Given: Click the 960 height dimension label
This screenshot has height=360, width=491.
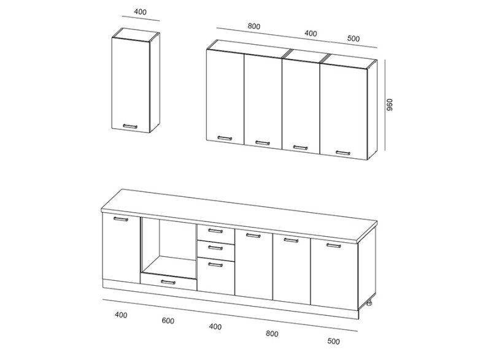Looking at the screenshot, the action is pos(390,105).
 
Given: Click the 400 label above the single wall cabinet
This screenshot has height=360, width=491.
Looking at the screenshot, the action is pos(140,12).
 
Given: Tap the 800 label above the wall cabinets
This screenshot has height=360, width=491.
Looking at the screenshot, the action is pos(254,26).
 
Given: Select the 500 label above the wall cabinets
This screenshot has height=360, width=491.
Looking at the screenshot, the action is pos(354,39).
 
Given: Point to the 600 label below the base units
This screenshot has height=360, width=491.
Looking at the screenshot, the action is pos(168,321).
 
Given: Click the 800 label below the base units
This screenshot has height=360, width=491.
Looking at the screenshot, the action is pos(272,334).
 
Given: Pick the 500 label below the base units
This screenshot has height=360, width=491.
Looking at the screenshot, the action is pos(333,341).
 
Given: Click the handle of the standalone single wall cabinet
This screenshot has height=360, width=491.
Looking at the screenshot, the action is pos(130,126).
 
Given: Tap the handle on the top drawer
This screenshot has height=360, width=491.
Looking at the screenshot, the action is pos(215,231).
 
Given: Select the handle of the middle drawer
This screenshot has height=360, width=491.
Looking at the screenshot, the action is pos(215,248).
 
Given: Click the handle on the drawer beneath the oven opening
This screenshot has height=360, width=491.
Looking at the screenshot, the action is pos(168,283).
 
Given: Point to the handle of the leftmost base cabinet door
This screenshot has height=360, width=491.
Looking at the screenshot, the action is pos(121,219).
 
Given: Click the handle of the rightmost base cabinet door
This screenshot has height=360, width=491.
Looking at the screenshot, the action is pos(333,245).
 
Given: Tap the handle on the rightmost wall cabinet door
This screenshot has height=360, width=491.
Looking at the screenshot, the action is pos(343,153).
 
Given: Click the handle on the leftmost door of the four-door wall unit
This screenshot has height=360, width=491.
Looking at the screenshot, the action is pos(225,138).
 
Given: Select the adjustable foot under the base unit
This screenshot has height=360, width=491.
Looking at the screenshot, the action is pos(370,303).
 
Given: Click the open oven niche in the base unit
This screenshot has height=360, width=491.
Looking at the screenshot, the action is pos(169,246).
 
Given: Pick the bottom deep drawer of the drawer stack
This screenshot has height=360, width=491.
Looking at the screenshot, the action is pos(216,275).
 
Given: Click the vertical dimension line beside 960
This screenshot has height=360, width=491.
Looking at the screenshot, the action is pos(385,105).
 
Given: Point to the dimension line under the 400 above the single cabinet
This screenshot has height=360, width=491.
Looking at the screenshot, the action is pos(141,18).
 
